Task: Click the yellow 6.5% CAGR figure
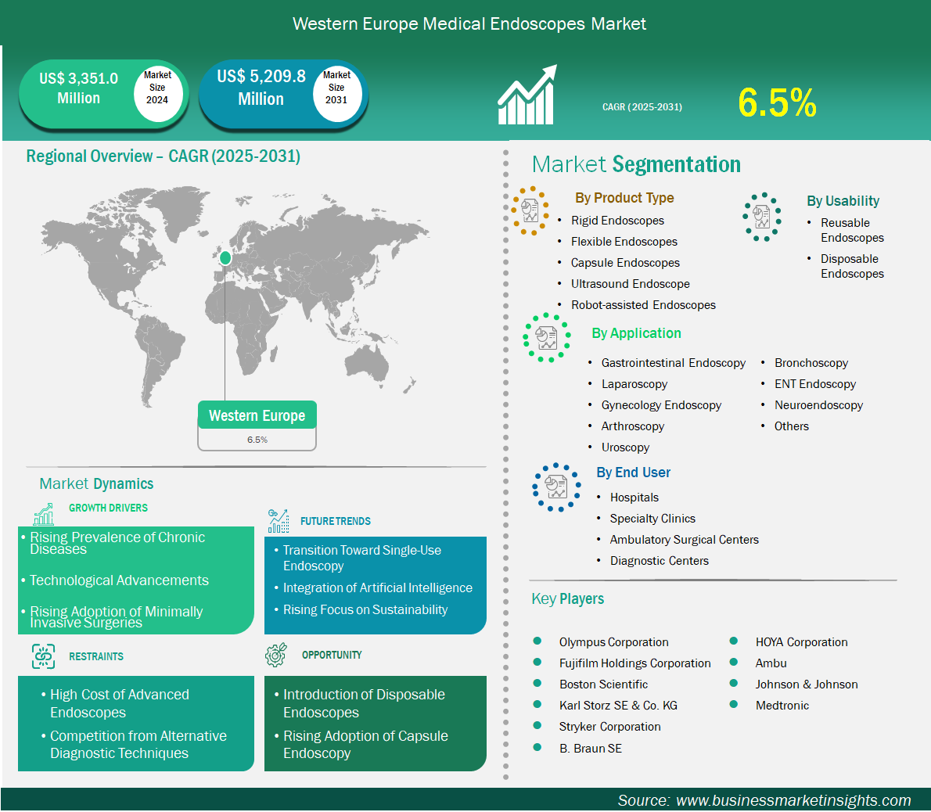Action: [x=777, y=102]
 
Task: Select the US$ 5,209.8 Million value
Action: [x=261, y=88]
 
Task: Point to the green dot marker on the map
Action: [x=225, y=257]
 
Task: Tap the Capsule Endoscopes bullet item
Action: [x=624, y=263]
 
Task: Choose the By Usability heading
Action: [x=843, y=201]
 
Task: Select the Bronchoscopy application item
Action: [x=811, y=363]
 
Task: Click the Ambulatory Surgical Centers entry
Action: [x=684, y=540]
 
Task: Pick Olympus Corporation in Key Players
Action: [x=613, y=642]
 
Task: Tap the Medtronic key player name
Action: [x=782, y=705]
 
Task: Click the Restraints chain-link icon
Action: [x=43, y=656]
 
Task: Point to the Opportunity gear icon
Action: [x=276, y=654]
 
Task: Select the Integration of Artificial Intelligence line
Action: [x=378, y=587]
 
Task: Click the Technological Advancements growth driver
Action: [x=119, y=580]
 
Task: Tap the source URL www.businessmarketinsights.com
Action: [x=793, y=800]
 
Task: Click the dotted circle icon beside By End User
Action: [x=556, y=487]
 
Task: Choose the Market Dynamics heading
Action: [x=96, y=483]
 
